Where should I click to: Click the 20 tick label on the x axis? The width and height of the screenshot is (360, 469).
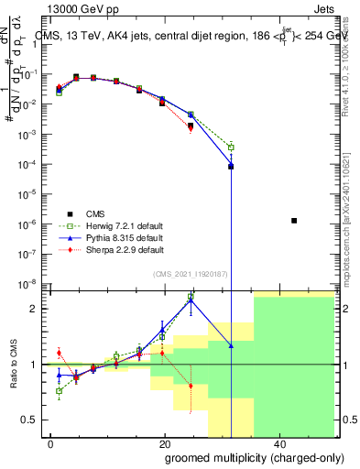tap(163, 444)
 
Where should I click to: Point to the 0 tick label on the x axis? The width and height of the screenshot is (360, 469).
tap(51, 444)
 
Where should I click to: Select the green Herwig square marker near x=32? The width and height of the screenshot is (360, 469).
tap(231, 147)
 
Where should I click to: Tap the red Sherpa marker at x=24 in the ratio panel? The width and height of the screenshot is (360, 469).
tap(191, 386)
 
